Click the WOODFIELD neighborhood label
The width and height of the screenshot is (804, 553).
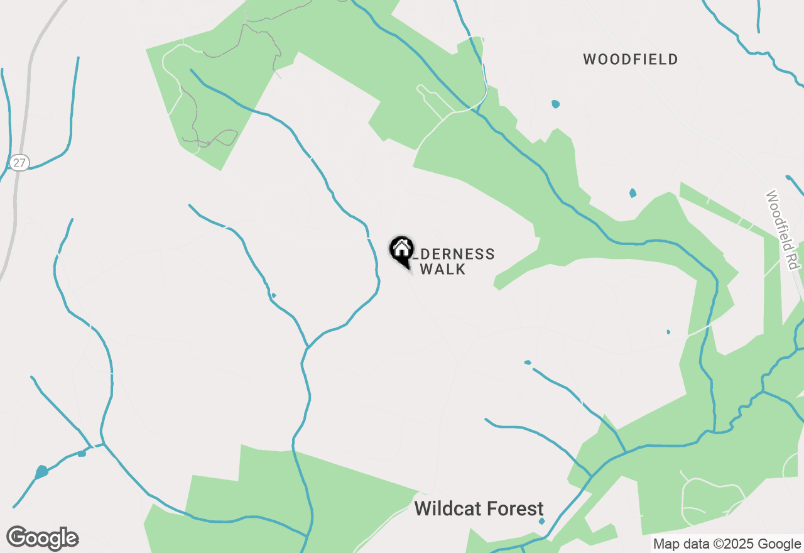click(631, 60)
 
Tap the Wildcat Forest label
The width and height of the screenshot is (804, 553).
click(479, 508)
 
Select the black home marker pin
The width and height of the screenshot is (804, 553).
click(402, 250)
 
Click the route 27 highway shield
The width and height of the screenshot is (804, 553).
click(19, 163)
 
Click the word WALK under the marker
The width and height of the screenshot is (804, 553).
click(443, 270)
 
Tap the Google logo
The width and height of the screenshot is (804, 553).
click(43, 538)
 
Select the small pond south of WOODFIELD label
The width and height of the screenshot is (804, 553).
click(555, 104)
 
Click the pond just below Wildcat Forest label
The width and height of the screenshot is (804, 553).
click(541, 521)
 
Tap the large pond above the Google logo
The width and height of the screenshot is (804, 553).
click(41, 471)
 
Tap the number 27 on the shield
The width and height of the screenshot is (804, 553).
click(19, 163)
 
